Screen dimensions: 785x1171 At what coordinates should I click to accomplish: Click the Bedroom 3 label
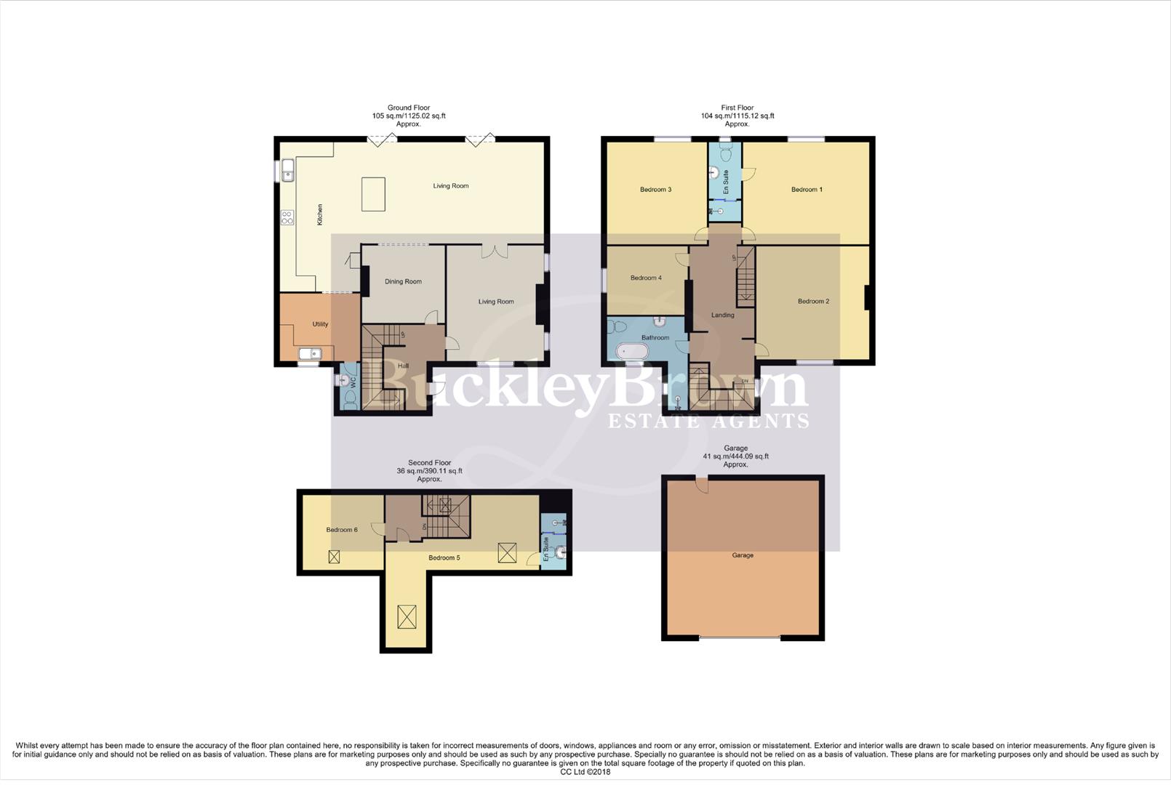[x=655, y=190]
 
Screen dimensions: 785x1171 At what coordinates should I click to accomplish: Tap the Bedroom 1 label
[x=807, y=190]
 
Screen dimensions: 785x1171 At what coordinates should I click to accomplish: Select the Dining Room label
[x=403, y=281]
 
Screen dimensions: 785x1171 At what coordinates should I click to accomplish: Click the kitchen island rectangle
[x=373, y=194]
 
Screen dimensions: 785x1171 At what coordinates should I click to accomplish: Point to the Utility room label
[x=320, y=324]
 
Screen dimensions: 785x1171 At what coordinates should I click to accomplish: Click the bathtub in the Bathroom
[x=632, y=352]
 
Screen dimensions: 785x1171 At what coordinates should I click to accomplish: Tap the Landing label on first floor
[x=722, y=315]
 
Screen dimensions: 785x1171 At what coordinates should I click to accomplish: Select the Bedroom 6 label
[x=341, y=530]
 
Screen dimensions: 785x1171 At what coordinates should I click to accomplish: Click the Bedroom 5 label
[x=444, y=557]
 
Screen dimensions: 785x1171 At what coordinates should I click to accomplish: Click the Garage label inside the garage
[x=743, y=555]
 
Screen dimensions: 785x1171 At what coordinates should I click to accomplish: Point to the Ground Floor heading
[x=409, y=108]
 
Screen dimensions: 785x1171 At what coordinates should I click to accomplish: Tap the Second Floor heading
[x=429, y=462]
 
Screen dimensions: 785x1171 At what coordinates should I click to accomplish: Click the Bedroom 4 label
[x=646, y=278]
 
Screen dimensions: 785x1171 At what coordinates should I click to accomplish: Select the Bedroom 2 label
[x=813, y=301]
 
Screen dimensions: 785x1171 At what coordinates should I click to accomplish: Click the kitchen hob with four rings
[x=287, y=217]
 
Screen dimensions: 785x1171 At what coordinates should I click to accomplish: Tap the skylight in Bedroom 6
[x=334, y=557]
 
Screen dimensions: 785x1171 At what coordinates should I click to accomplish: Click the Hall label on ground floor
[x=403, y=366]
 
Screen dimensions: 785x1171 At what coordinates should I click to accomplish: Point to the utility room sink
[x=310, y=354]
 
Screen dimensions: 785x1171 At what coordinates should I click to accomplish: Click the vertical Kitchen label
[x=319, y=214]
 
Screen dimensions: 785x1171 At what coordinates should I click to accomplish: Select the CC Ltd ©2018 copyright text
[x=585, y=772]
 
